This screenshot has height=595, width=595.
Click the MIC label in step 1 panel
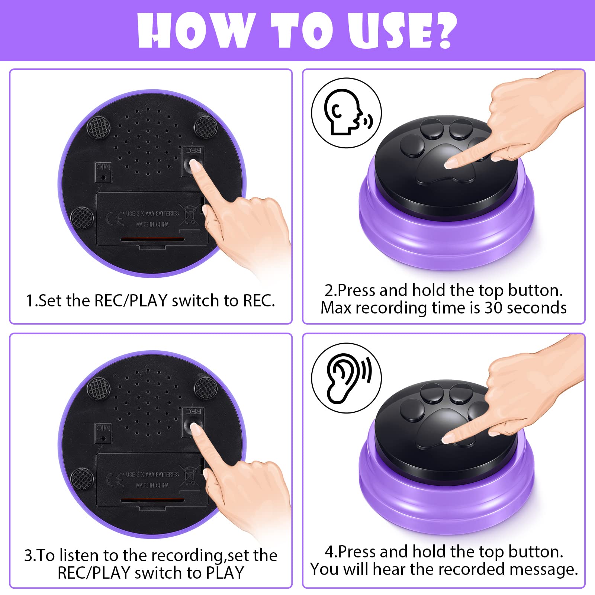[103, 167]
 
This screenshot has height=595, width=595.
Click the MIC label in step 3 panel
[103, 428]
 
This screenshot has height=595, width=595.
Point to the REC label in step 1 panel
[193, 151]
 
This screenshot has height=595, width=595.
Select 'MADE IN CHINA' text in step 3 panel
[152, 485]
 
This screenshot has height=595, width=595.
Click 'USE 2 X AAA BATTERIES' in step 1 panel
[152, 214]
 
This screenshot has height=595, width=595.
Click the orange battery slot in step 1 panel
[152, 239]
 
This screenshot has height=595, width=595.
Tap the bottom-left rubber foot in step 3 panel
[81, 479]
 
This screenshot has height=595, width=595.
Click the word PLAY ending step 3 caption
[225, 573]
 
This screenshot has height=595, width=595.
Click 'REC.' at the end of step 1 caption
[259, 300]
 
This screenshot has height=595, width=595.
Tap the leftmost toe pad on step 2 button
[412, 146]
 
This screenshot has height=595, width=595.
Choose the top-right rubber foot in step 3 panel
[206, 388]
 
